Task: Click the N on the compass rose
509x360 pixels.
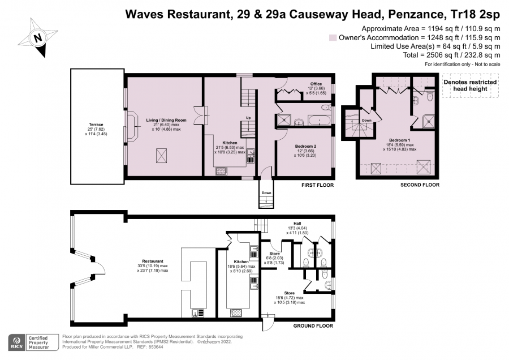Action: [x=38, y=37]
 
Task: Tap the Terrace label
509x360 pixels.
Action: [x=96, y=125]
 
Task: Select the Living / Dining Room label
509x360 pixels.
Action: [x=166, y=120]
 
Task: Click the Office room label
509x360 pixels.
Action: [x=316, y=84]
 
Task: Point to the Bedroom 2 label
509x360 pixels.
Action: [x=305, y=146]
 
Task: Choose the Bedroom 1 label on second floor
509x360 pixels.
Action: [x=400, y=140]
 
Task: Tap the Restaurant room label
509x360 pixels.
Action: [x=153, y=262]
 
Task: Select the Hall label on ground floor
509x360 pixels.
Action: [x=297, y=224]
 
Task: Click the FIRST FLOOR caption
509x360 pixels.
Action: [x=317, y=185]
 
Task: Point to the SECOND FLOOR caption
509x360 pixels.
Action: [x=420, y=185]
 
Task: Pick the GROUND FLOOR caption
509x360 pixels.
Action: [x=313, y=326]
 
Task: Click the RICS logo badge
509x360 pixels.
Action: [x=17, y=342]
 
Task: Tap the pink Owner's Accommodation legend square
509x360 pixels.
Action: [x=333, y=38]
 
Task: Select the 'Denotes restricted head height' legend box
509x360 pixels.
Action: [x=471, y=85]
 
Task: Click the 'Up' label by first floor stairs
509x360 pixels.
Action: [x=248, y=118]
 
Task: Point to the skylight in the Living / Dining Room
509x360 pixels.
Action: [x=161, y=155]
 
